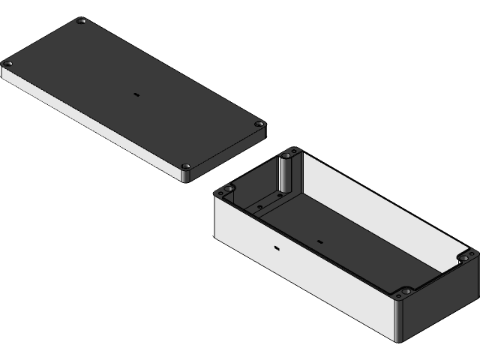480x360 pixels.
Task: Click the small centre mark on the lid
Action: pos(136,95)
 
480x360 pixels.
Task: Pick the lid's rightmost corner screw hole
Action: pos(259,124)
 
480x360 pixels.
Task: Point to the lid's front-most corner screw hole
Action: pos(187,166)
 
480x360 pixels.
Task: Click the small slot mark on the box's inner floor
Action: pos(319,241)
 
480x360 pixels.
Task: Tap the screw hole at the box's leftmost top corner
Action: pos(222,192)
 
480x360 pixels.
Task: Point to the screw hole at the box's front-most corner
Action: pos(406,291)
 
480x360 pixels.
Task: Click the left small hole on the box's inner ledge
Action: pos(259,205)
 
